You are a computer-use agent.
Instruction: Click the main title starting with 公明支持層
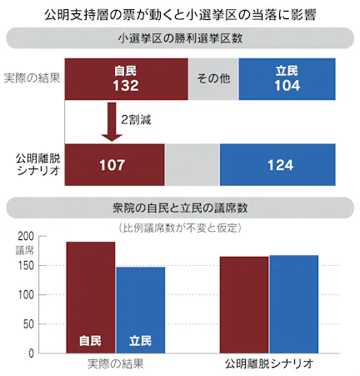[180, 13]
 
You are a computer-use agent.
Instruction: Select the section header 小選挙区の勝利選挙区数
[180, 38]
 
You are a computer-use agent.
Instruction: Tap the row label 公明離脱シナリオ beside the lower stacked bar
[32, 163]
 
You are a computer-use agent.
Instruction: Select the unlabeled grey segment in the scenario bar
[192, 164]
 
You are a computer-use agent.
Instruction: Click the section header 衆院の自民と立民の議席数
[180, 207]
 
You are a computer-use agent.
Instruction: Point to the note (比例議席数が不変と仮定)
[180, 227]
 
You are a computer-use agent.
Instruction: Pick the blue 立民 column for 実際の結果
[140, 309]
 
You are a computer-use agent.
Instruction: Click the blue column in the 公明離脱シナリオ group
[293, 303]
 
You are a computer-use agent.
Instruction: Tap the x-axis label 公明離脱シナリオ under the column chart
[269, 364]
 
